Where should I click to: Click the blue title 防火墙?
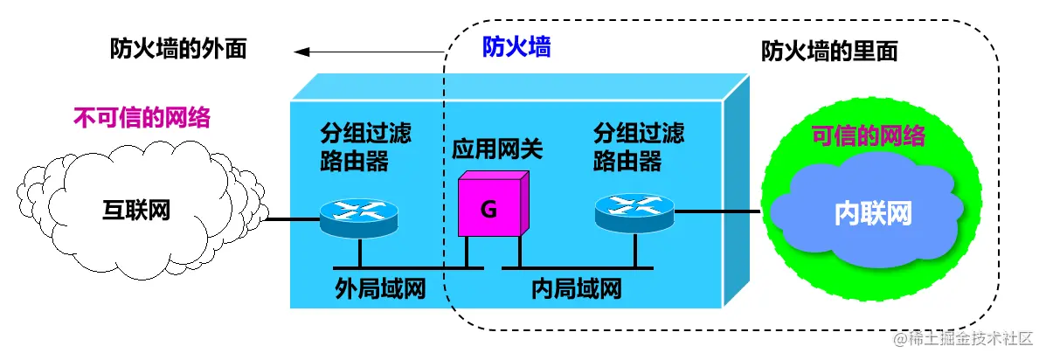coord(516,47)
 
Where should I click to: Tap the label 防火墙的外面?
coord(178,49)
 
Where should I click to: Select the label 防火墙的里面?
coord(829,52)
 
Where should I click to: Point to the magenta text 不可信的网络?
coord(142,117)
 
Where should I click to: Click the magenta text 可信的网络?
coord(869,135)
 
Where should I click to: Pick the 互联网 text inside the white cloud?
coord(136,211)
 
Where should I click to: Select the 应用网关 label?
coord(497,149)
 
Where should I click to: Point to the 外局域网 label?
coord(380,288)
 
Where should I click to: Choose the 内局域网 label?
coord(577,288)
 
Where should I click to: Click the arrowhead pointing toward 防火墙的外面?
coord(301,53)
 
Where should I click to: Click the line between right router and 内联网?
coord(717,211)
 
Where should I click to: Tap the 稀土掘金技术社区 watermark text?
coord(967,338)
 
